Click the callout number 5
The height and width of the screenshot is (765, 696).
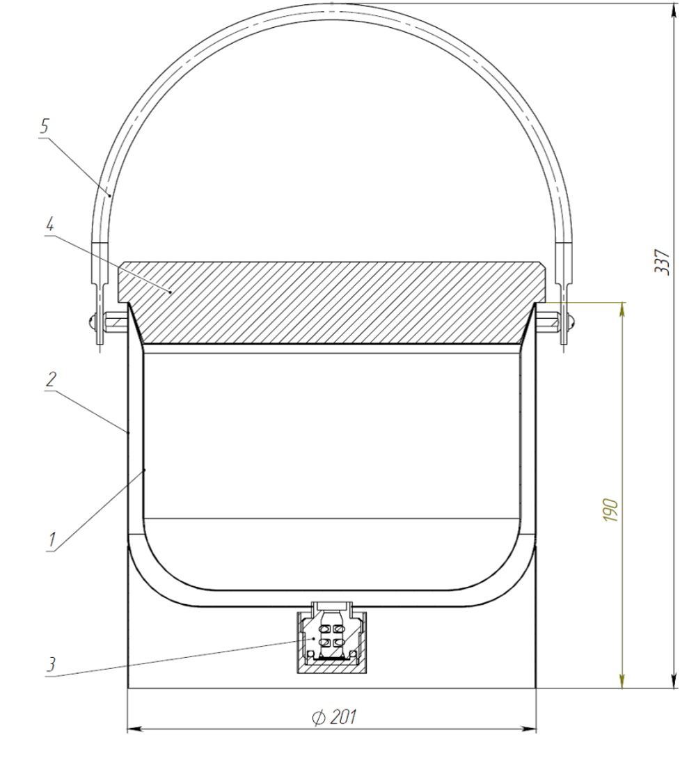point(45,127)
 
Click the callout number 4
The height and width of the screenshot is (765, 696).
point(49,224)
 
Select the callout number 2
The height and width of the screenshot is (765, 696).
point(51,379)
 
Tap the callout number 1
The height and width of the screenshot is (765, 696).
point(52,539)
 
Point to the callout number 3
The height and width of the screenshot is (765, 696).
point(51,664)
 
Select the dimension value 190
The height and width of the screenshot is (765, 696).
point(610,511)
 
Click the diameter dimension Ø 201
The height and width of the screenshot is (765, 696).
point(334,717)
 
